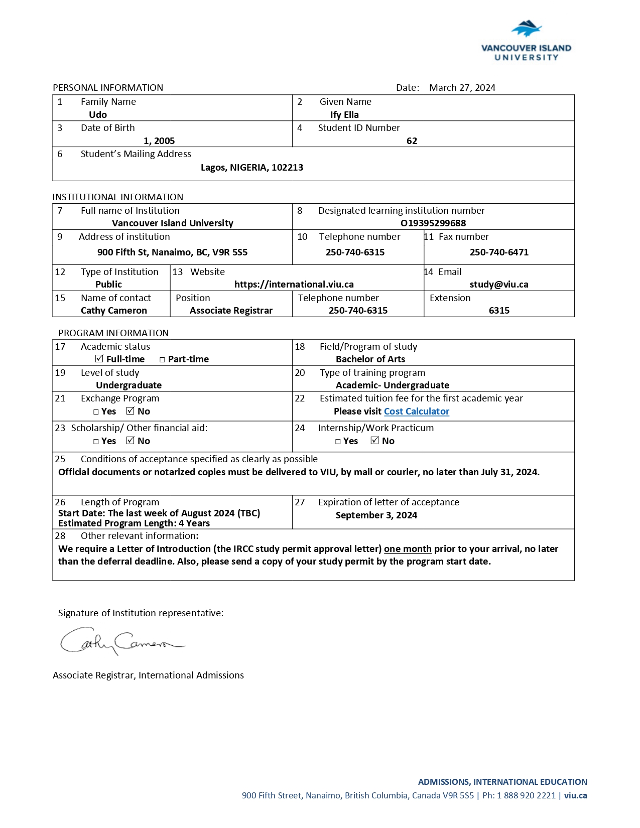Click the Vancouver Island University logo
(526, 40)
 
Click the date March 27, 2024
(462, 88)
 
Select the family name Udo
(98, 114)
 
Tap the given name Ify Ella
(344, 114)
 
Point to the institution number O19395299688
(433, 223)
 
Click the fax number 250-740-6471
(499, 252)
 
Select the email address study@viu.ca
(499, 284)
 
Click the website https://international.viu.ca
(294, 284)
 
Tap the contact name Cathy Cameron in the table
(114, 310)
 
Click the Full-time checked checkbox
(99, 359)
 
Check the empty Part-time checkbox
(162, 360)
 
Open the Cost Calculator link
(416, 411)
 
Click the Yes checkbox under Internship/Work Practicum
(338, 442)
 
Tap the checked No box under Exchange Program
(131, 411)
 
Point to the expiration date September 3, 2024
(376, 515)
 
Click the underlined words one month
(408, 548)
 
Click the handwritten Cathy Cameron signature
(120, 641)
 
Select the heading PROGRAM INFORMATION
(113, 333)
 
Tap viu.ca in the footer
(575, 795)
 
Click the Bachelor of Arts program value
(370, 359)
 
